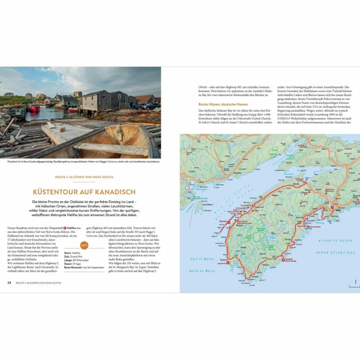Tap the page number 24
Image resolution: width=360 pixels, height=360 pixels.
tap(10, 283)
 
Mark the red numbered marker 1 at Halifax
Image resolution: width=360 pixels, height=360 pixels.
tap(332, 207)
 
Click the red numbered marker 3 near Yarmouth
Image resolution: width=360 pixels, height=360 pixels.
tap(228, 262)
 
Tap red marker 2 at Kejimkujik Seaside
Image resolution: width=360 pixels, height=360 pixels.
tap(283, 260)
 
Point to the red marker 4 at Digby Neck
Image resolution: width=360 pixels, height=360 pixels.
tap(229, 222)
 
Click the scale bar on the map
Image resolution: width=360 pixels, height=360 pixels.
tap(354, 286)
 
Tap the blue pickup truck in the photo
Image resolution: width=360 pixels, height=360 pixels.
tap(152, 106)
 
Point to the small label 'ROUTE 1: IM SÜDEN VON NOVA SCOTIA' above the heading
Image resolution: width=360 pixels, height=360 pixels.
tap(84, 177)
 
